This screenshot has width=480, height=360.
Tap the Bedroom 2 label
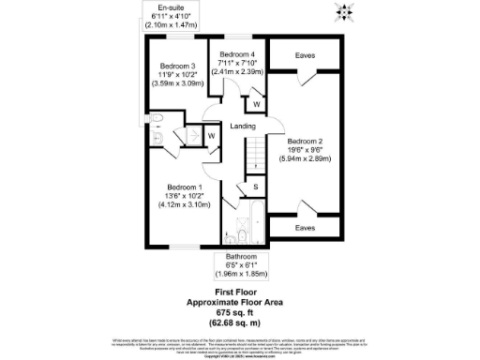(x=310, y=141)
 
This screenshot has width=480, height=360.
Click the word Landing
(x=243, y=125)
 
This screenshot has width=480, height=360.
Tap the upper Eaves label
(x=304, y=55)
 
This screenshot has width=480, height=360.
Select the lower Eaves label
(x=304, y=228)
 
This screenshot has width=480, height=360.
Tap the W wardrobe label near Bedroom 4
(x=256, y=103)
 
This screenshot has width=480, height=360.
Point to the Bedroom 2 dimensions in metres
(x=309, y=159)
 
